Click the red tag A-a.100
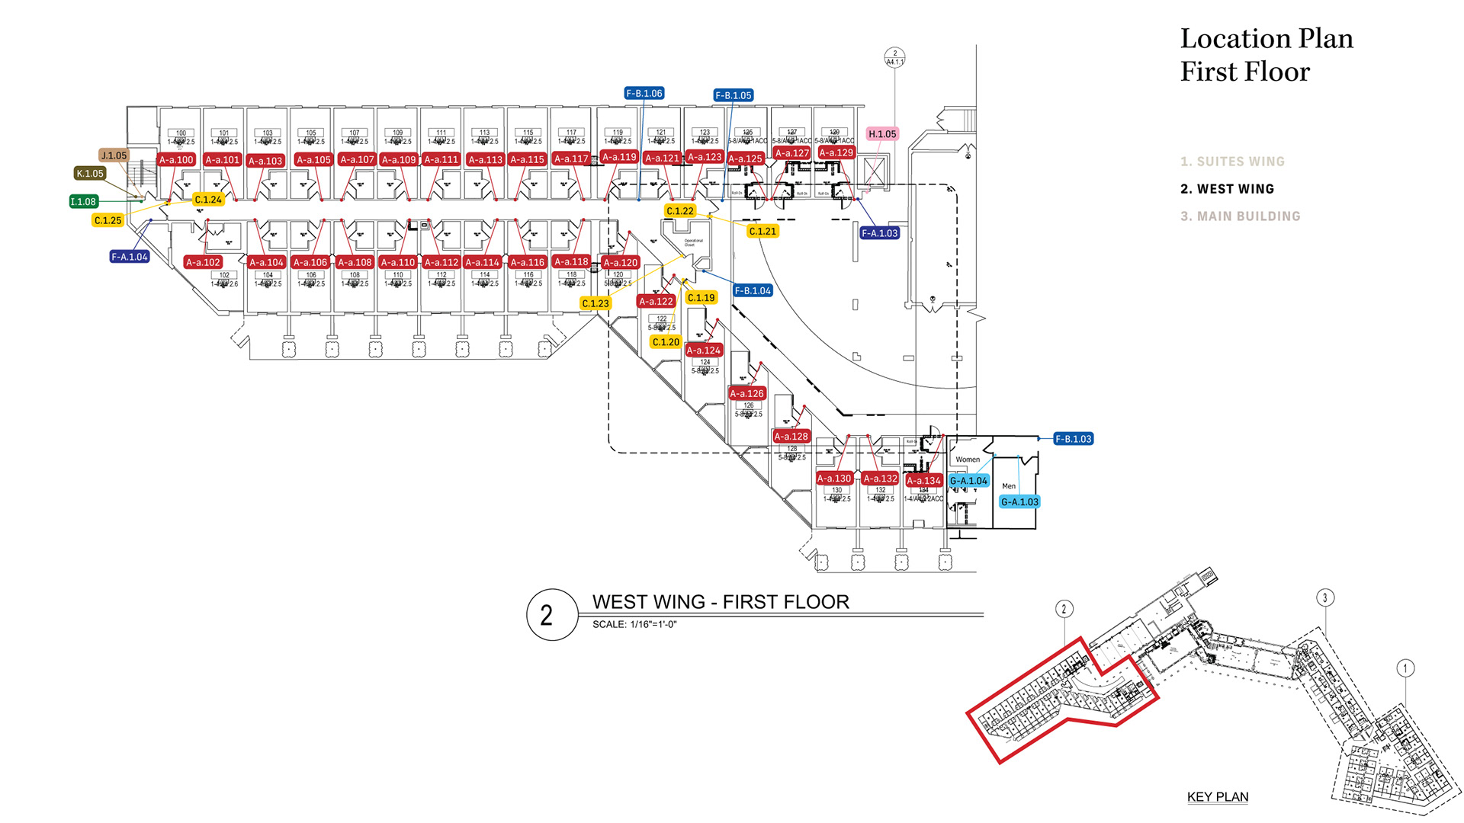176,160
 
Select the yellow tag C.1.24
208,200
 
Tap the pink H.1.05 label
882,134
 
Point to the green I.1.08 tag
83,202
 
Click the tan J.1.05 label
114,155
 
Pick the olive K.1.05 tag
90,174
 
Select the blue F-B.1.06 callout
644,94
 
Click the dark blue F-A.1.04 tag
130,257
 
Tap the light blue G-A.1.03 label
1019,502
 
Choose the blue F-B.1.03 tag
1074,439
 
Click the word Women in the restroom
968,460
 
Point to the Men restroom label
1009,486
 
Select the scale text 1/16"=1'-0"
653,625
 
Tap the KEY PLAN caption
1218,797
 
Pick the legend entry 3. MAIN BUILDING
1241,216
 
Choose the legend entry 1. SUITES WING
1233,162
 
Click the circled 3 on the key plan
1325,598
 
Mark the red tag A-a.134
923,481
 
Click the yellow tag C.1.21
762,231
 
